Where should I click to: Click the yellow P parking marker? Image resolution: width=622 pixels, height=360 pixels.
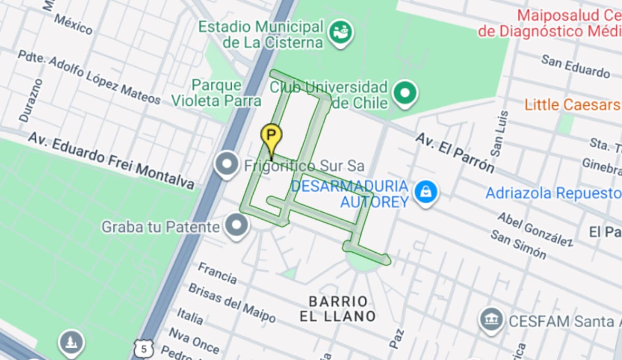[x=271, y=136]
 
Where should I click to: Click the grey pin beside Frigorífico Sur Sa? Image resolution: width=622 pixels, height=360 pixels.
[x=227, y=164]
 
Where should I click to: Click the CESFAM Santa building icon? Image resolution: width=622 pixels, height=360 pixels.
[x=491, y=320]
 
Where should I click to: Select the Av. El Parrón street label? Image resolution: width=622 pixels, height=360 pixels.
[x=455, y=152]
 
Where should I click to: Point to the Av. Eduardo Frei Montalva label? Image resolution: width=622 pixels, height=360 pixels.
[x=111, y=160]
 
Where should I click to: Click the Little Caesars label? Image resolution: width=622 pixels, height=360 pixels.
[x=572, y=105]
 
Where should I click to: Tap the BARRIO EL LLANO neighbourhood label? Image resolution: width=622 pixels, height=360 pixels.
[x=337, y=309]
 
